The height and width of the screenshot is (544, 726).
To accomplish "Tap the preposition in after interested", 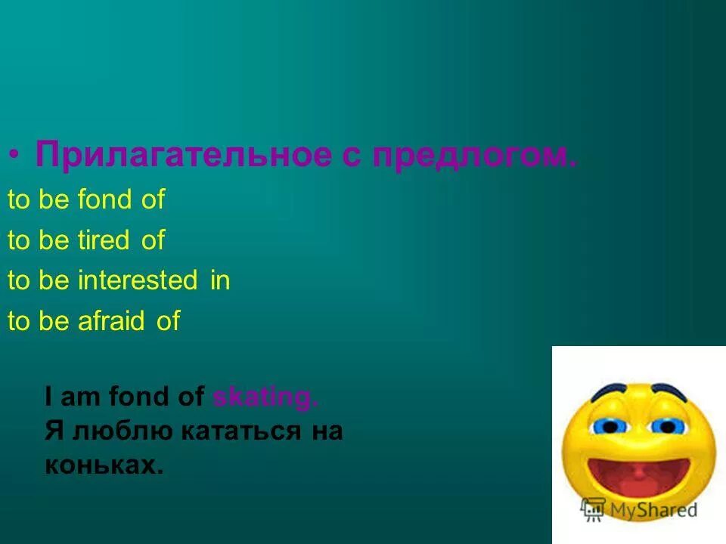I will point(220,281).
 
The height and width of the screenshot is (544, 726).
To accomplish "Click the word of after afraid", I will point(168,321).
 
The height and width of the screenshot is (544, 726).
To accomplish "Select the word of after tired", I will point(153,241).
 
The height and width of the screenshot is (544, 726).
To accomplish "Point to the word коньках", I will point(104,465).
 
